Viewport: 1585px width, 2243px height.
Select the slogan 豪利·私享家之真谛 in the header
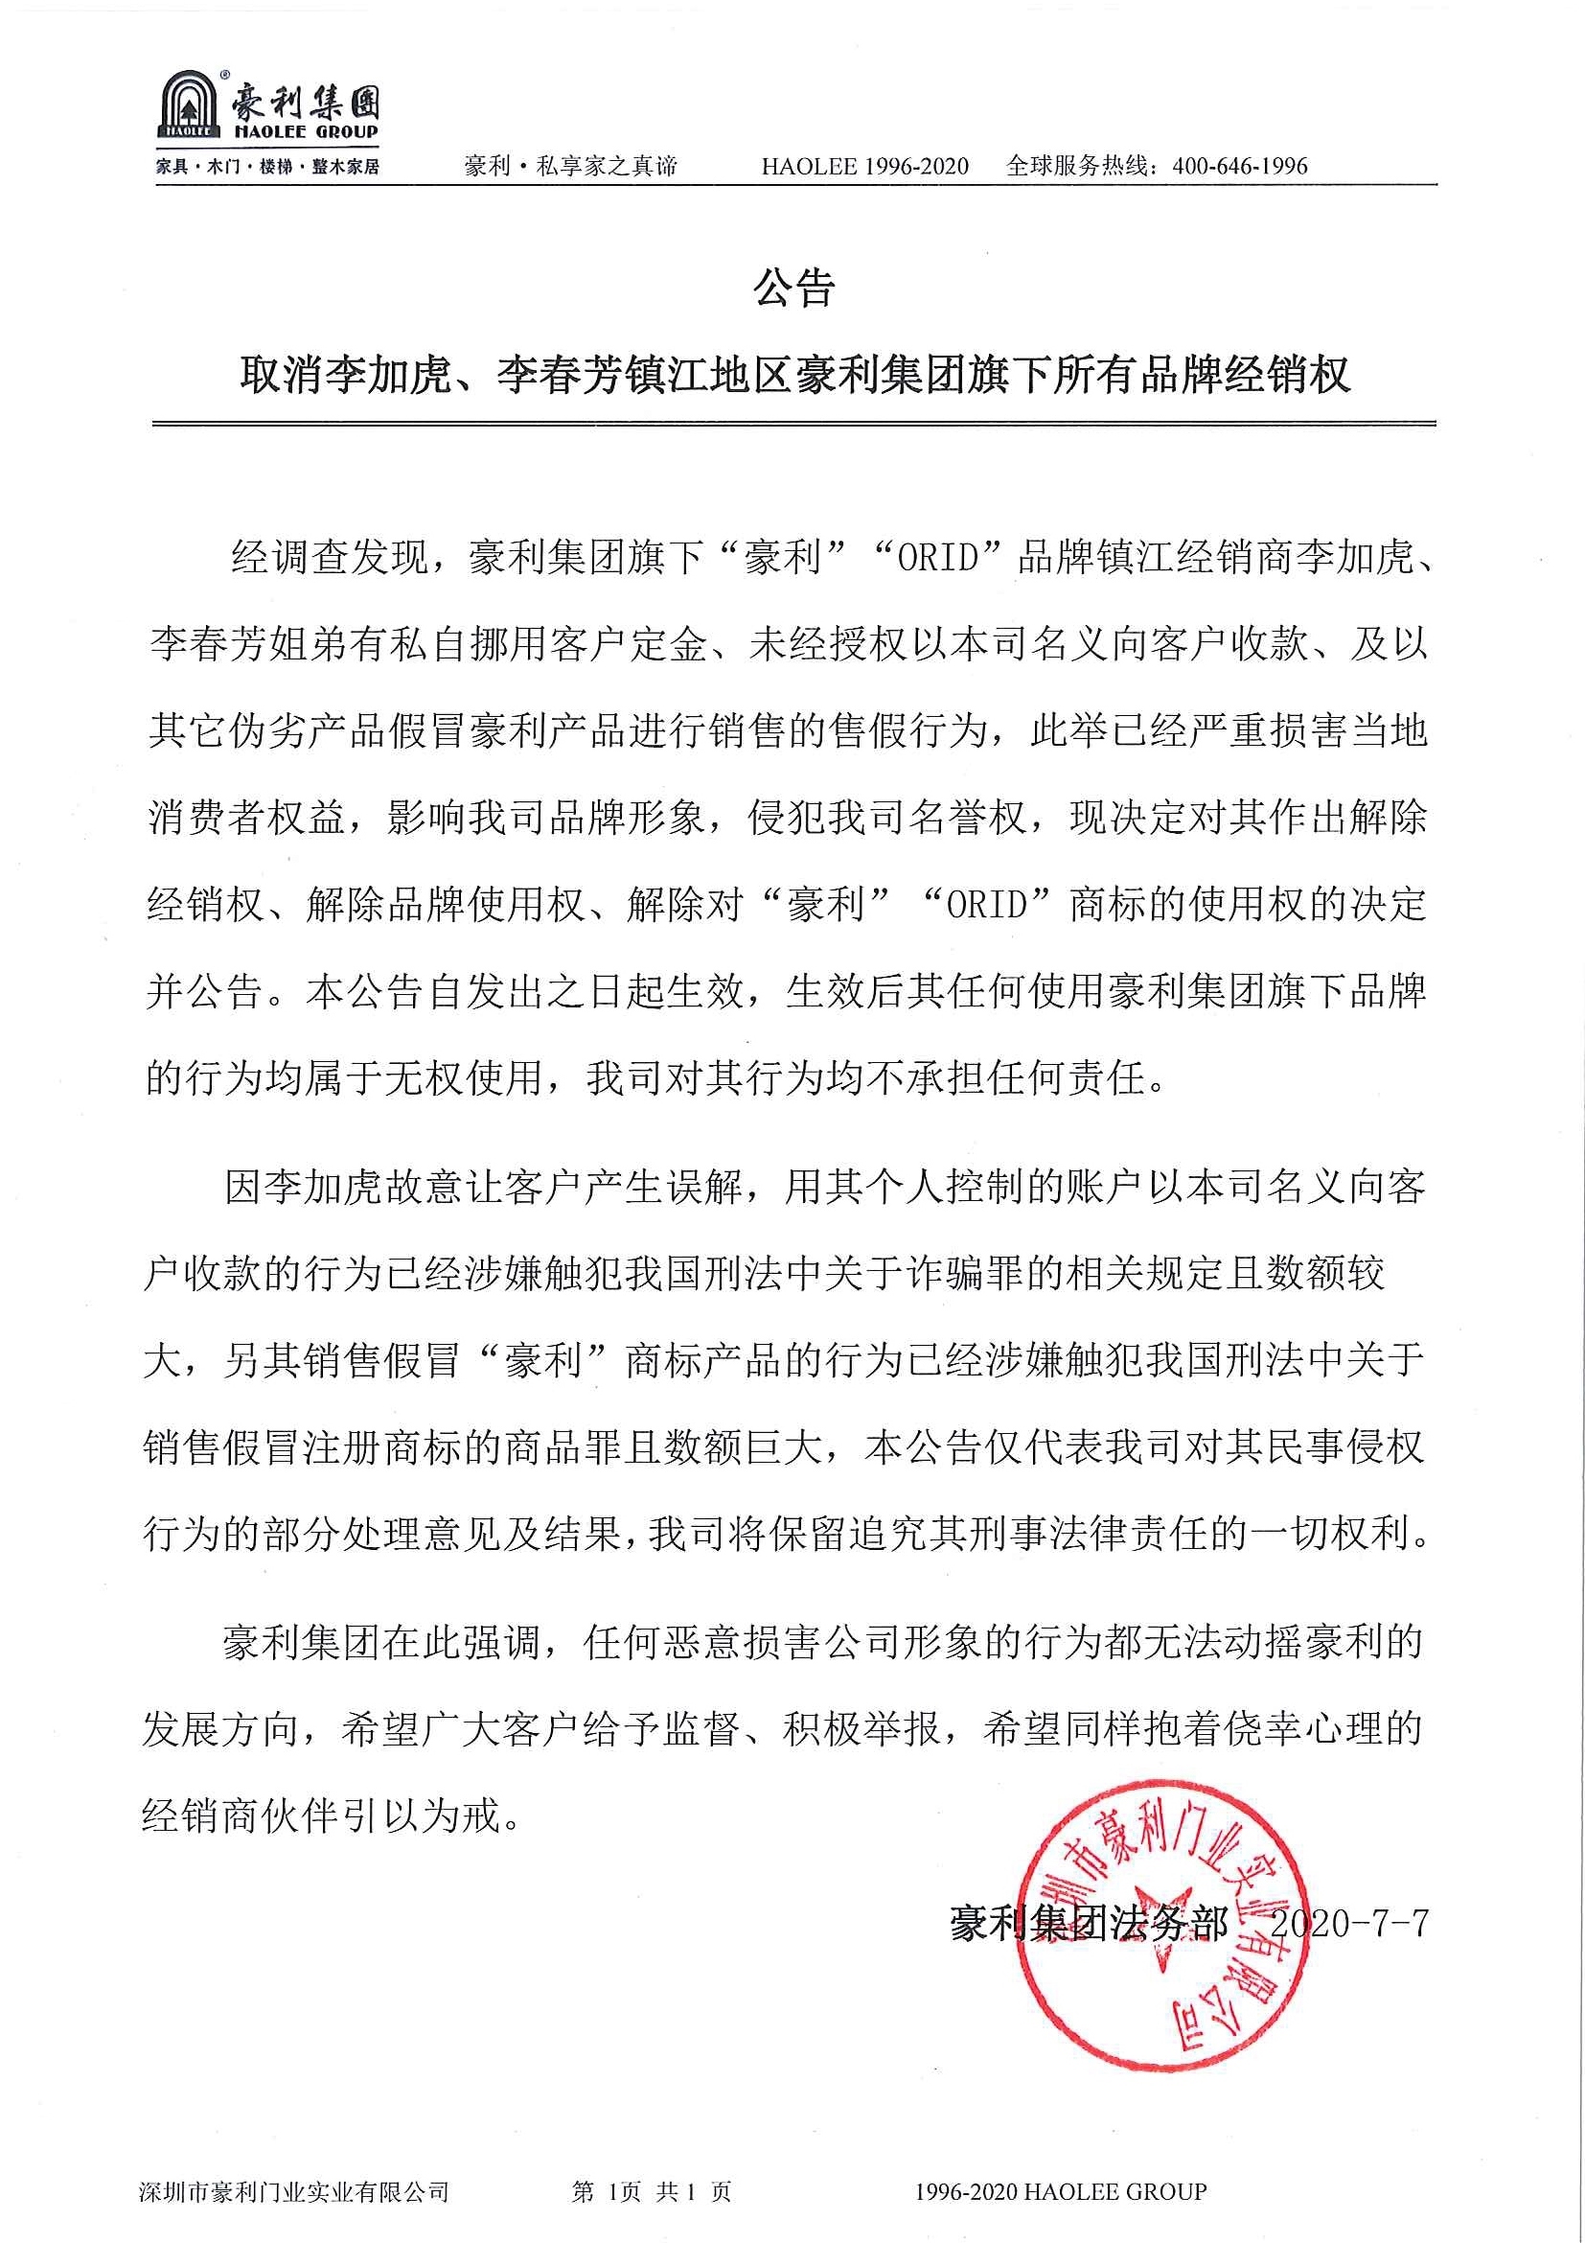pos(570,166)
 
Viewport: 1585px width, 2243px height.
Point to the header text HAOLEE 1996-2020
pos(864,166)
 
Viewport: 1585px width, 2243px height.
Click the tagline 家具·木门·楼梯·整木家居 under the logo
pos(267,167)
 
